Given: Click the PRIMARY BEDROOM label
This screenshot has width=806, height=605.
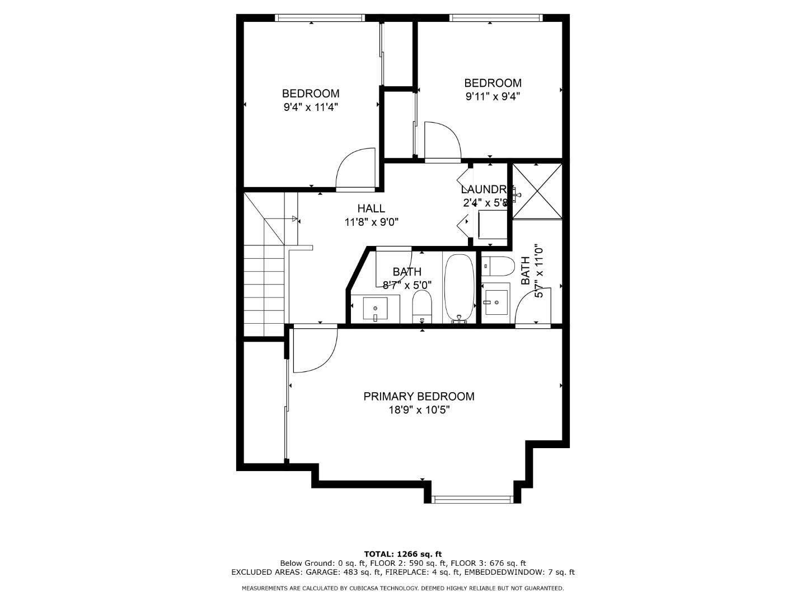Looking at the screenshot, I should (x=419, y=397).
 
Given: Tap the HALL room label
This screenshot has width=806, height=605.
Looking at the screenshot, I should (x=371, y=208).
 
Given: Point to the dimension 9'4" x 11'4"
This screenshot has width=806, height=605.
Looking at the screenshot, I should (x=311, y=107).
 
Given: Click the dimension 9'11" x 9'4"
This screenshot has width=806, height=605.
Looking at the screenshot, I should (x=493, y=96).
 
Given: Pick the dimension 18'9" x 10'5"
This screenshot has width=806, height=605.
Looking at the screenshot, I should (x=419, y=410).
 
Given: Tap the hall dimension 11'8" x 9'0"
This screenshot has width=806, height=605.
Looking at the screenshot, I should (x=371, y=222).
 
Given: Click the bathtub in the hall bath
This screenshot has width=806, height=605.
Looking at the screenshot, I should (x=459, y=287).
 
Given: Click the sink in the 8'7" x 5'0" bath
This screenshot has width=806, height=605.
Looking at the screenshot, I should (x=375, y=308).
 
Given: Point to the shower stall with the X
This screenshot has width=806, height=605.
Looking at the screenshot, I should (x=536, y=192).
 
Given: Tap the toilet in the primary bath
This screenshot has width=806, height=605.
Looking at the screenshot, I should (x=498, y=267).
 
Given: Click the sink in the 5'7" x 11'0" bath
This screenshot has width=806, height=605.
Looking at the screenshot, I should (x=496, y=302).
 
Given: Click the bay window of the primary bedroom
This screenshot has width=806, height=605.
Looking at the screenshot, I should (x=472, y=499).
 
